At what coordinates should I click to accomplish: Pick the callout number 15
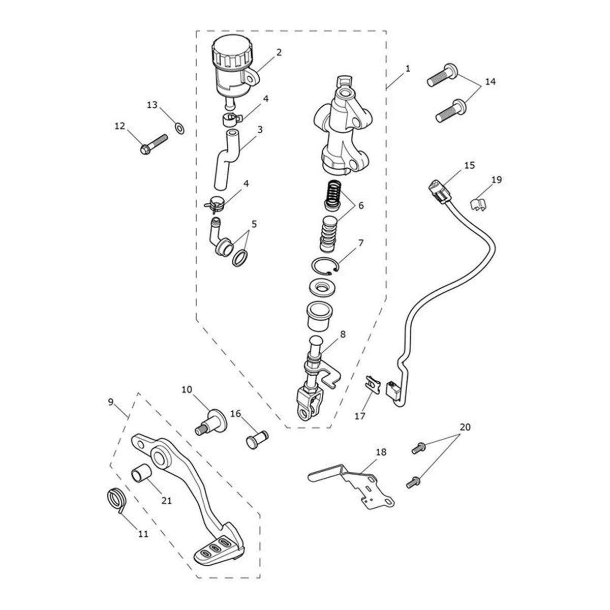click(x=469, y=166)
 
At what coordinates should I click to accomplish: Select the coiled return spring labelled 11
click(x=118, y=499)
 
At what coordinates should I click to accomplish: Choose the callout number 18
click(x=381, y=452)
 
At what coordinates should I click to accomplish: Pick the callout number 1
click(x=408, y=68)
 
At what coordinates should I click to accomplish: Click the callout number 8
click(x=343, y=334)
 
